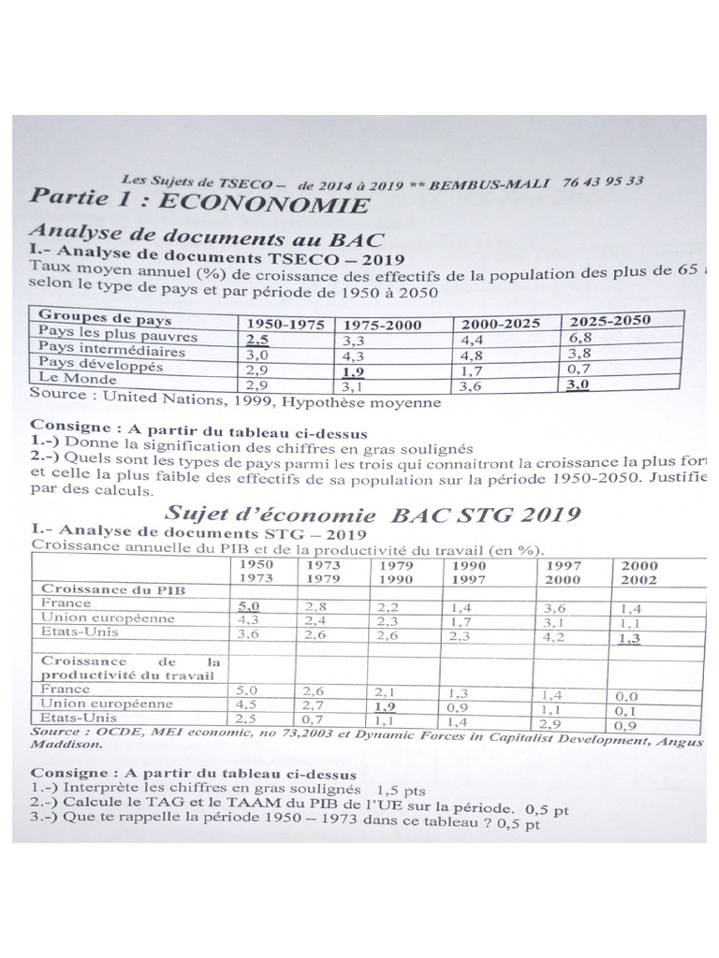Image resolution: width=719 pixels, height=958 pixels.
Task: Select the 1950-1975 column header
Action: click(x=285, y=324)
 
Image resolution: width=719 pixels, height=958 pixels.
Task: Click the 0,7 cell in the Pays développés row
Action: click(x=581, y=368)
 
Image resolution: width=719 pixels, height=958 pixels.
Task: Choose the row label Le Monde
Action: click(x=74, y=379)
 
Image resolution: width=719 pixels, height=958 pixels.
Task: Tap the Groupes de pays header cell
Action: click(x=92, y=318)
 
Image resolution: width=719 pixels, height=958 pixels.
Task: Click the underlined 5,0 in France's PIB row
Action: click(x=250, y=606)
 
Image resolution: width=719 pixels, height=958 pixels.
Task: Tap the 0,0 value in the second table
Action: click(x=628, y=696)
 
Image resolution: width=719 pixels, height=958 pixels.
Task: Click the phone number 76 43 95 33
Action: click(x=603, y=181)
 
